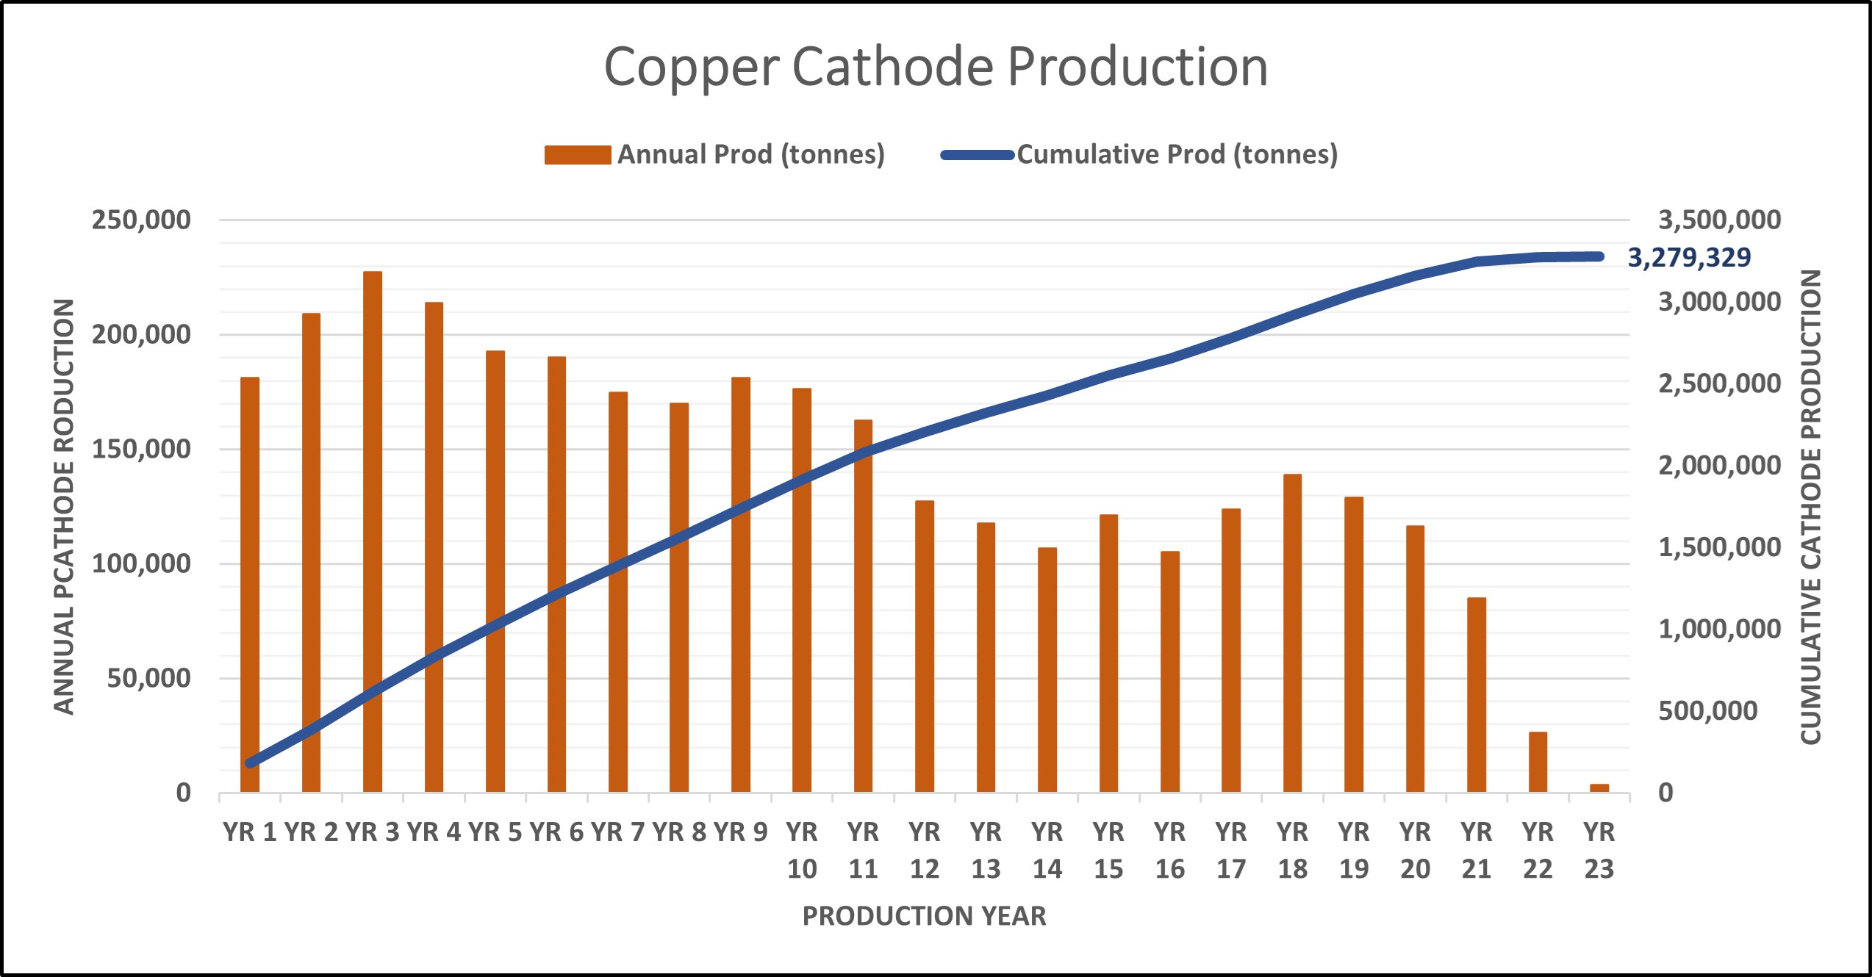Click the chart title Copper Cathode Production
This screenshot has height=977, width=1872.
936,68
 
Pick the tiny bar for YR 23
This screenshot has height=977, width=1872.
1599,787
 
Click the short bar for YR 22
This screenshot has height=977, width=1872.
1538,762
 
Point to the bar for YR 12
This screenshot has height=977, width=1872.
924,646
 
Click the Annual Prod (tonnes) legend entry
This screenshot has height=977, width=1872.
714,154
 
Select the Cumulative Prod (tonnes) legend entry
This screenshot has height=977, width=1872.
1139,154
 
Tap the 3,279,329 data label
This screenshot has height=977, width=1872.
1689,257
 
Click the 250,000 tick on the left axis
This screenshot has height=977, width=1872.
141,220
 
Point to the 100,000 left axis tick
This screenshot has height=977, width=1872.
141,563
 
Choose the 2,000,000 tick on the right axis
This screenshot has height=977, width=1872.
1719,465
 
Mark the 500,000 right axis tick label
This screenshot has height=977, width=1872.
1707,710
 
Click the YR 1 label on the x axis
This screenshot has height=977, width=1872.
250,832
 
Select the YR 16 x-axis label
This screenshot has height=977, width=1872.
1169,851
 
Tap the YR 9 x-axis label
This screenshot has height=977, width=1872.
740,832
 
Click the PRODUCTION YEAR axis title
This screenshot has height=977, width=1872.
924,916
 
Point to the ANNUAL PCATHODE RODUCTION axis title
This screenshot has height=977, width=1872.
65,506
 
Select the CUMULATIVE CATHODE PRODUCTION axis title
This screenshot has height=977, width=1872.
1810,506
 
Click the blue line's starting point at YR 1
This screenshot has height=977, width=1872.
251,763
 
